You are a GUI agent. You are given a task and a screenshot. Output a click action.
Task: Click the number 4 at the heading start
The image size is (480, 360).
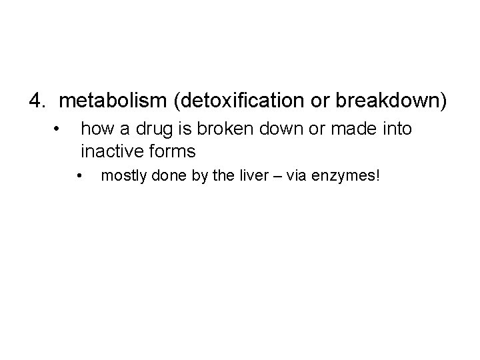point(35,101)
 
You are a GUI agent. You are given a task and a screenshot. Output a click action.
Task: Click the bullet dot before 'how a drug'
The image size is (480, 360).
point(59,127)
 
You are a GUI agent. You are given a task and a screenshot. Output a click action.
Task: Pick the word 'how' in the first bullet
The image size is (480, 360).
point(96,128)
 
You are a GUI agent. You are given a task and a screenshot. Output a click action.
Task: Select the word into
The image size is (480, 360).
point(397,128)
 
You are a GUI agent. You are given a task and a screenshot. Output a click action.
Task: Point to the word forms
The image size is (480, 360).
point(173,151)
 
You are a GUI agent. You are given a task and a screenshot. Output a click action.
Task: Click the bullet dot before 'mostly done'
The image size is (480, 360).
point(79,177)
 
